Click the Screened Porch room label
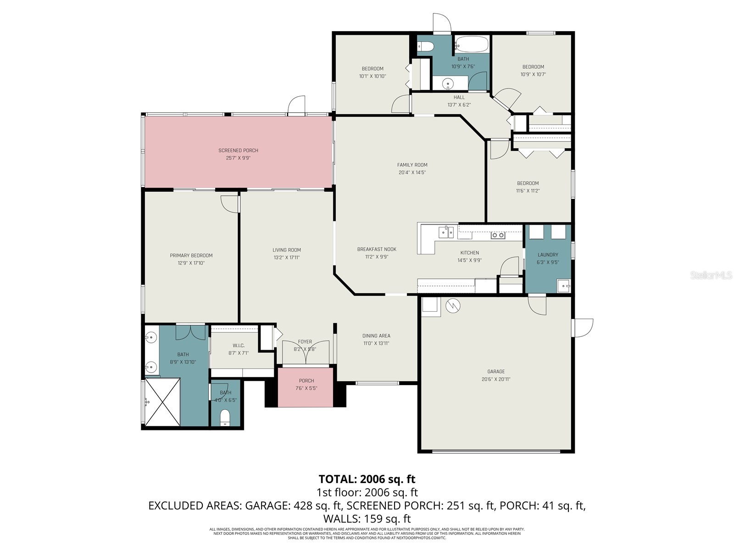(238, 150)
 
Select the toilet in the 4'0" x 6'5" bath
(225, 418)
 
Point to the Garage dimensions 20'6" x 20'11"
(496, 379)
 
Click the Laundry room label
(548, 255)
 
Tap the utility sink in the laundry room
(563, 286)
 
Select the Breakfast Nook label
(377, 249)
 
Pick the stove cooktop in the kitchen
(498, 235)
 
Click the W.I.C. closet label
(239, 346)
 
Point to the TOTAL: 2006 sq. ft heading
(367, 479)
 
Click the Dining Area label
(376, 336)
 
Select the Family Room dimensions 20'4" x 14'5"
(412, 173)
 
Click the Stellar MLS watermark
(711, 275)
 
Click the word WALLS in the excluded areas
(342, 519)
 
